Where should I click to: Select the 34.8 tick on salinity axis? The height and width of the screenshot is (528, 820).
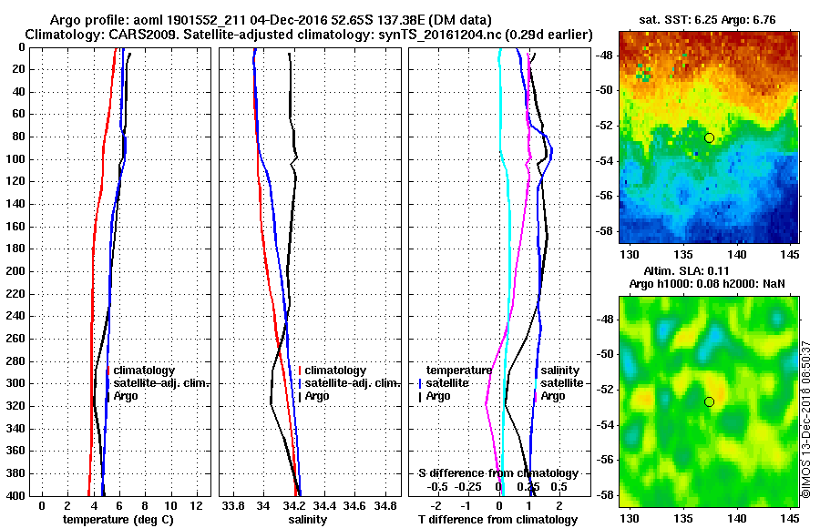pyautogui.click(x=385, y=504)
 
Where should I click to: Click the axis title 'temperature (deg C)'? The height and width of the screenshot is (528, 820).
pyautogui.click(x=118, y=519)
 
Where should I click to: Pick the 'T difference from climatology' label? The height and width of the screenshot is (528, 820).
pyautogui.click(x=497, y=519)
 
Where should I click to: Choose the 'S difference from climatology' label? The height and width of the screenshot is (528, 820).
pyautogui.click(x=497, y=473)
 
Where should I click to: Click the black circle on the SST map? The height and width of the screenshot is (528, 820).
pyautogui.click(x=709, y=137)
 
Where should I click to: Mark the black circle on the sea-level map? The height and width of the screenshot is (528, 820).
pyautogui.click(x=709, y=401)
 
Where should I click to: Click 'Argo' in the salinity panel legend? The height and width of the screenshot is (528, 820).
pyautogui.click(x=318, y=396)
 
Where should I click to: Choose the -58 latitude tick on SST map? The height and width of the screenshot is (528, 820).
pyautogui.click(x=604, y=231)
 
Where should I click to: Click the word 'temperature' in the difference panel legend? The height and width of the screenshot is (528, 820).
pyautogui.click(x=459, y=371)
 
